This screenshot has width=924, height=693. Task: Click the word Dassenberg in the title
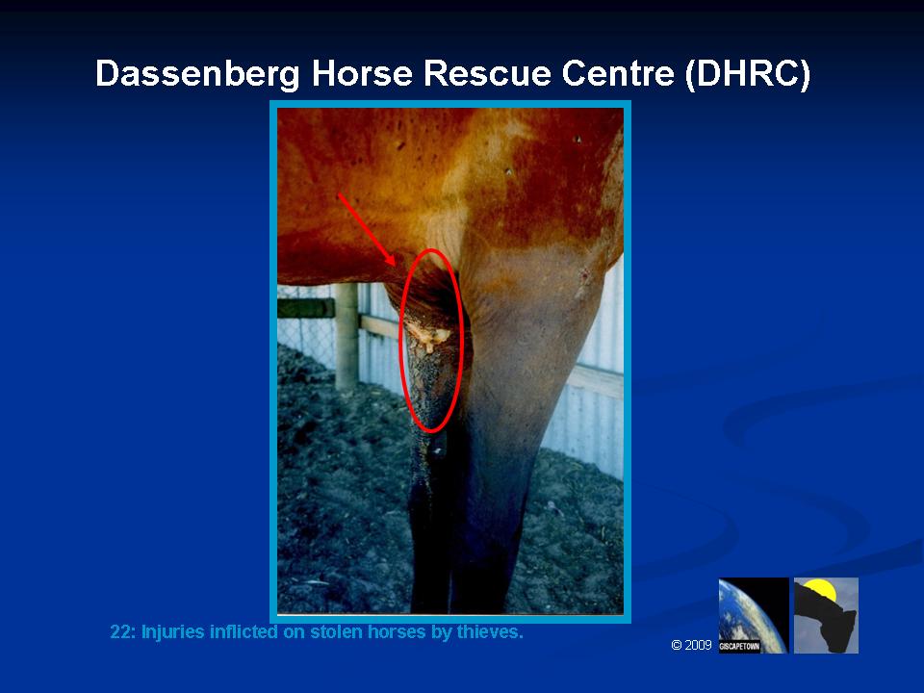[197, 74]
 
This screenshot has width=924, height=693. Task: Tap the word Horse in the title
[361, 73]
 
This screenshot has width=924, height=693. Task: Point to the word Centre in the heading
[618, 73]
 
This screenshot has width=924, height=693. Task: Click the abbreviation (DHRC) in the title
[749, 74]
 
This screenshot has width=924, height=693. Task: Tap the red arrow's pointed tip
[395, 266]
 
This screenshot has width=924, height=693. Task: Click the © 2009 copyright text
[691, 645]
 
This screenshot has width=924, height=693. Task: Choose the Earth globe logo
[754, 615]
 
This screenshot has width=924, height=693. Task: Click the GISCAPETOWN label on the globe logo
[739, 647]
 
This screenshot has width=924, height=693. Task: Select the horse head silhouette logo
[826, 615]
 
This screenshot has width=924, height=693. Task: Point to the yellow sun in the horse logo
[821, 588]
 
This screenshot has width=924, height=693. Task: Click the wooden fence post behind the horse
[346, 337]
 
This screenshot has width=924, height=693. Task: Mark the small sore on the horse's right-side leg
[584, 274]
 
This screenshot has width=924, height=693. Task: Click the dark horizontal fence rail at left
[306, 308]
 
